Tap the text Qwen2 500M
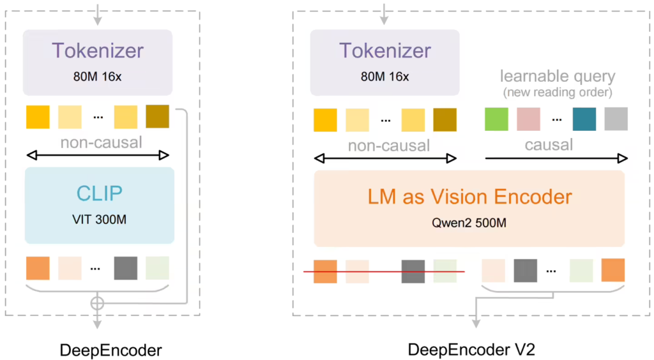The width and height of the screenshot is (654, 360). (x=469, y=224)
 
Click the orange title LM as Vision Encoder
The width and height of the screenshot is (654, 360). (x=469, y=196)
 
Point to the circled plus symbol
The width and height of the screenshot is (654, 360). (x=96, y=303)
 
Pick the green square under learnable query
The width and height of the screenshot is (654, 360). (x=496, y=119)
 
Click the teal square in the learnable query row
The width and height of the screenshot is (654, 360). (x=584, y=119)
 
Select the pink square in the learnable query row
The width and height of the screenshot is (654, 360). (x=528, y=119)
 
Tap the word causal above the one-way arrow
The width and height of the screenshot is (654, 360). (x=549, y=145)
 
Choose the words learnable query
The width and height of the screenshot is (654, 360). (x=558, y=77)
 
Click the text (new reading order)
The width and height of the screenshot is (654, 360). (x=558, y=93)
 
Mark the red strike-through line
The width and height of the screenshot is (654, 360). (x=383, y=272)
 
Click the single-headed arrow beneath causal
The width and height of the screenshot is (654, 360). (x=556, y=157)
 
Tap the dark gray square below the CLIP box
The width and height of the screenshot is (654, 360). (x=126, y=268)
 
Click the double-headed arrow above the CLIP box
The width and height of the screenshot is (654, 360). (x=98, y=155)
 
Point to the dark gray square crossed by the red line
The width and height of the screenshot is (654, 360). (x=413, y=271)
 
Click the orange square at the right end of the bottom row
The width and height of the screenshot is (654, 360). (x=612, y=270)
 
